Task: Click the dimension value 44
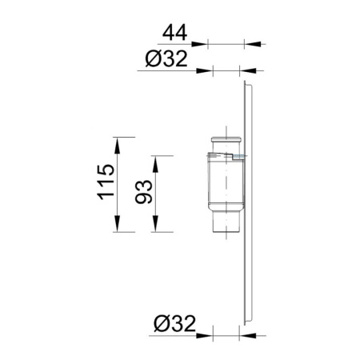pyautogui.click(x=174, y=33)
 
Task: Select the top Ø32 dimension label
pyautogui.click(x=166, y=59)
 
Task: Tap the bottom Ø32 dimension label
pyautogui.click(x=175, y=323)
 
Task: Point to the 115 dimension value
pyautogui.click(x=106, y=182)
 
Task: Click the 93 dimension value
pyautogui.click(x=144, y=192)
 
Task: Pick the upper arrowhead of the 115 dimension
pyautogui.click(x=117, y=146)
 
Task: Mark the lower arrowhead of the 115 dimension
pyautogui.click(x=117, y=224)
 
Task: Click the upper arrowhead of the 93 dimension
pyautogui.click(x=155, y=164)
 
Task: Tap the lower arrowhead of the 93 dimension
pyautogui.click(x=155, y=224)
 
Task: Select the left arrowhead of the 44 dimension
pyautogui.click(x=199, y=44)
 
